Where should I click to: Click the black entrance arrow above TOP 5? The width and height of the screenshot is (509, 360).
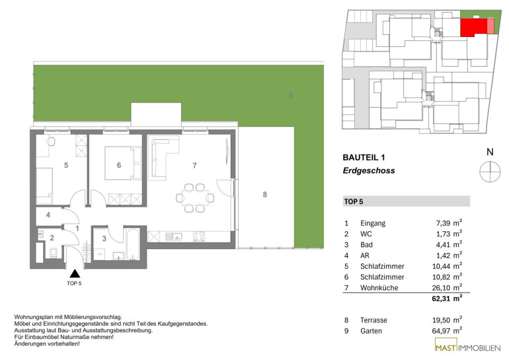75,273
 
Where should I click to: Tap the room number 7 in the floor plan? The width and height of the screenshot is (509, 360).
194,166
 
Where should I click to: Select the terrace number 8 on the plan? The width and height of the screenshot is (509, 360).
265,194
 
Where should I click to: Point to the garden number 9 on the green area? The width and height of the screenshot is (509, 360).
291,95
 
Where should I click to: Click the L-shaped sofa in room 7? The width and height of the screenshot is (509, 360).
163,158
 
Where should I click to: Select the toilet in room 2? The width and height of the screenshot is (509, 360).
54,252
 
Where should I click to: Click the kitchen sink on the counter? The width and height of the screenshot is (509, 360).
173,236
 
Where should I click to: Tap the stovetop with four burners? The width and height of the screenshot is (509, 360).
199,236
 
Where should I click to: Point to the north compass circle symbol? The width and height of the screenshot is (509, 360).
490,171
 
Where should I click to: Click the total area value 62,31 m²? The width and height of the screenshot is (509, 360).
447,299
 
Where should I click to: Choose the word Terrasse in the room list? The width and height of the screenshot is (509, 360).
373,320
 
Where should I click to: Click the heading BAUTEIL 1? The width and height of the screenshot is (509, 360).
364,158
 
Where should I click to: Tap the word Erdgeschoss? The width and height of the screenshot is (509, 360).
369,170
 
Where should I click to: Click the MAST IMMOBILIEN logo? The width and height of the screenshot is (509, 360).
467,345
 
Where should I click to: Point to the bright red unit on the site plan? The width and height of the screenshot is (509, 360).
473,27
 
